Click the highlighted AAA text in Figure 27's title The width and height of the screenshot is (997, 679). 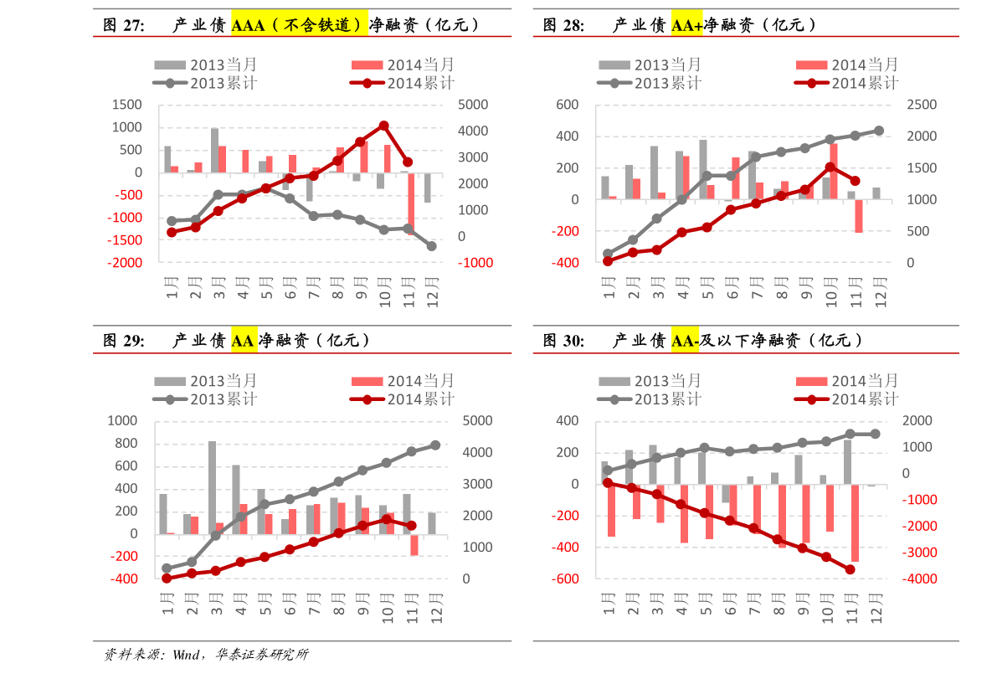pyautogui.click(x=248, y=25)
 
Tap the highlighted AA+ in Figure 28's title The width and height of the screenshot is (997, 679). pyautogui.click(x=686, y=25)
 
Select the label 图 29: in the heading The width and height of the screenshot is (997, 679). pyautogui.click(x=124, y=341)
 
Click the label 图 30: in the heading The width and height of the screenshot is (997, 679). pyautogui.click(x=564, y=341)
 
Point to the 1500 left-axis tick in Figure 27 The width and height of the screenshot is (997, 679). pyautogui.click(x=126, y=105)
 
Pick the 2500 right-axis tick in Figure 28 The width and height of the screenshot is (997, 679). pyautogui.click(x=922, y=105)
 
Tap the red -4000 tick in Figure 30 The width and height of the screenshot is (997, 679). pyautogui.click(x=919, y=579)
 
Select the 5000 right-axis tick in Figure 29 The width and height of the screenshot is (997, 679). pyautogui.click(x=477, y=420)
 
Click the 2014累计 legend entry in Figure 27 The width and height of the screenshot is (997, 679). pyautogui.click(x=402, y=83)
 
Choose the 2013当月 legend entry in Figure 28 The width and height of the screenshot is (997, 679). pyautogui.click(x=650, y=64)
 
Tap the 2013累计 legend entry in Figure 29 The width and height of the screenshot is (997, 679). pyautogui.click(x=205, y=399)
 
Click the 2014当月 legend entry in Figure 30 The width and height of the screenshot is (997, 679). pyautogui.click(x=847, y=381)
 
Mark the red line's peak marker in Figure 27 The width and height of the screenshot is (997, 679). pyautogui.click(x=383, y=126)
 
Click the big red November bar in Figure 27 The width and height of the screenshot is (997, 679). pyautogui.click(x=411, y=202)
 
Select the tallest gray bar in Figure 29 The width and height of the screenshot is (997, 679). pyautogui.click(x=213, y=487)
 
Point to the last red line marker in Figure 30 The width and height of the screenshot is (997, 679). pyautogui.click(x=851, y=569)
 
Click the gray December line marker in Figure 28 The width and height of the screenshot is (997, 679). pyautogui.click(x=879, y=131)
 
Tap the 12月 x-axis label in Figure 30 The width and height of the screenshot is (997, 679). pyautogui.click(x=876, y=608)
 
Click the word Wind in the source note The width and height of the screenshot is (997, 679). pyautogui.click(x=186, y=654)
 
